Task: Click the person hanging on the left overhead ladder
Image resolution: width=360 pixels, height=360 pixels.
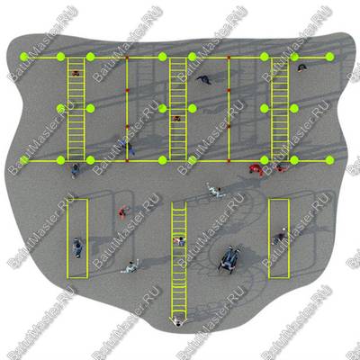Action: (x=76, y=73)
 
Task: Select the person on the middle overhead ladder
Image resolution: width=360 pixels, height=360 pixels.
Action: (x=176, y=118)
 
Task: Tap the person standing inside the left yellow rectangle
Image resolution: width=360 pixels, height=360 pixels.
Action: (x=77, y=247)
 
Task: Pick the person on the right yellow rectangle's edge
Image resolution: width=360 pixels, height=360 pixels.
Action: (x=280, y=236)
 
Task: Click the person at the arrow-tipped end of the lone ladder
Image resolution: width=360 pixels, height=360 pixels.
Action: (x=178, y=320)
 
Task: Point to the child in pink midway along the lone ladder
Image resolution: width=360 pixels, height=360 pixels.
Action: (x=179, y=240)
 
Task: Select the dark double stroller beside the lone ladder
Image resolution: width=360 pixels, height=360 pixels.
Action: (x=229, y=257)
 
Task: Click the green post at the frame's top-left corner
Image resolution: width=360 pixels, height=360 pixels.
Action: (x=24, y=57)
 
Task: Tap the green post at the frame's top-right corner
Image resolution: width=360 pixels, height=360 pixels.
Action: (x=329, y=57)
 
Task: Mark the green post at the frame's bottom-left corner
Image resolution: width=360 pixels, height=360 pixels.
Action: (x=24, y=160)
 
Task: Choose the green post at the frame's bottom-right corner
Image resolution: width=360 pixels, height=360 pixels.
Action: (x=329, y=160)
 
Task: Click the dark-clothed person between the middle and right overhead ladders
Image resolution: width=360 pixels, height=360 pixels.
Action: (x=204, y=79)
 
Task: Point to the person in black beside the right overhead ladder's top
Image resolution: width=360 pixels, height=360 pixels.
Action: (x=302, y=67)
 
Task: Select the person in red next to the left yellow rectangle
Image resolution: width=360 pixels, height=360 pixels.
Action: (x=123, y=211)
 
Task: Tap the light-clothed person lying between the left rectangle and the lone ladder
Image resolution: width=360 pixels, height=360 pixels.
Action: (x=130, y=266)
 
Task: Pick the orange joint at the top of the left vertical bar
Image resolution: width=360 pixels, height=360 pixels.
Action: (x=127, y=57)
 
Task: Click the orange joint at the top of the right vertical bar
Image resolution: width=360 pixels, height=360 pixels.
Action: (x=229, y=57)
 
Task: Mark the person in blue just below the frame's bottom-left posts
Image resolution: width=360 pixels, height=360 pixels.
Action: (x=76, y=170)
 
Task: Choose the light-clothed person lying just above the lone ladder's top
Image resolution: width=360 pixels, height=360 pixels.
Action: (x=215, y=191)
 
